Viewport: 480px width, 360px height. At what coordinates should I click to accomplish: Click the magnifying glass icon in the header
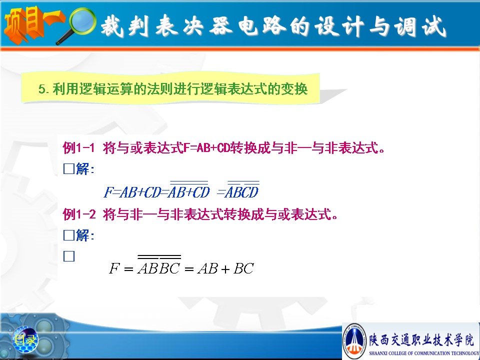(x=79, y=24)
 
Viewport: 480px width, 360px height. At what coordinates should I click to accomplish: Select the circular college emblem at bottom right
(x=354, y=340)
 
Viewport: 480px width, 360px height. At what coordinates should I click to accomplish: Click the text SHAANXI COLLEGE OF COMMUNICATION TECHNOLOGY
(x=424, y=353)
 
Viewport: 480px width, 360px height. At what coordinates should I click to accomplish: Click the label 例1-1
(x=78, y=148)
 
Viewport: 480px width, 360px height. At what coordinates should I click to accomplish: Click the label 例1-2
(x=79, y=214)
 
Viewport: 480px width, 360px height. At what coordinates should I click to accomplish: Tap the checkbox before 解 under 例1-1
(x=69, y=168)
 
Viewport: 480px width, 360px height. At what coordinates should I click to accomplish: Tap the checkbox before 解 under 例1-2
(x=69, y=235)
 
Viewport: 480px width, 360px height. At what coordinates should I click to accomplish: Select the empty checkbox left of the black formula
(x=69, y=256)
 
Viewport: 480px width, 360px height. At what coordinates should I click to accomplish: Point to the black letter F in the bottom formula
(x=114, y=268)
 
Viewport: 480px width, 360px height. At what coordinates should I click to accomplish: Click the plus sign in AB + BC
(x=225, y=269)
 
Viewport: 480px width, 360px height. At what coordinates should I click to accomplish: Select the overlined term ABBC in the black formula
(x=159, y=265)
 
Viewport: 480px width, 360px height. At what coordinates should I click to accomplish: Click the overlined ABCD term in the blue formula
(x=242, y=190)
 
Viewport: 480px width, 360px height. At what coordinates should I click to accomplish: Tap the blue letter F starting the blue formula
(x=108, y=192)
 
